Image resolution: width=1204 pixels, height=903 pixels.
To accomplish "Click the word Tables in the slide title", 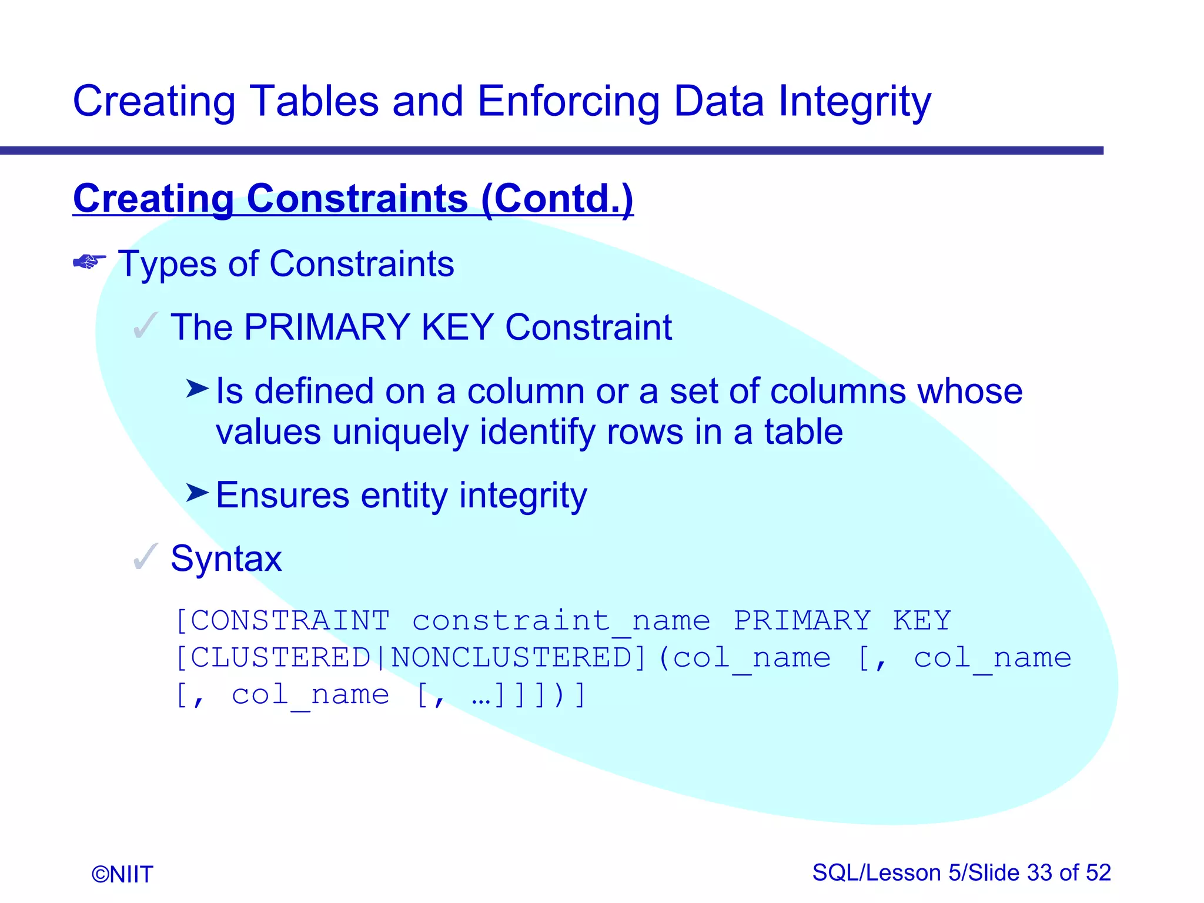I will (x=314, y=101).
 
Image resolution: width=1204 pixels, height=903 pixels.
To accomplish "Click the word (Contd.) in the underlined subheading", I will (x=557, y=199).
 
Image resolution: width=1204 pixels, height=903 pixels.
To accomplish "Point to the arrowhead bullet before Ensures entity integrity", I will (x=197, y=493).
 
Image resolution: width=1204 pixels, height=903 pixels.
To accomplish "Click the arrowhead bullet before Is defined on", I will (x=197, y=389).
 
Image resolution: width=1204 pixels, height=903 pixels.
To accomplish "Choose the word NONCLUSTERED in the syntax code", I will (x=511, y=657).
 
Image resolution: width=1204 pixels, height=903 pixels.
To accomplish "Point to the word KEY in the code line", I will (x=922, y=621).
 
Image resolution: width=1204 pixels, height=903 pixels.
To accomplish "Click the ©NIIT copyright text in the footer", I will (x=122, y=874).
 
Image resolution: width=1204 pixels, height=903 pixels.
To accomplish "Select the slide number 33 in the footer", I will (x=1039, y=872).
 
